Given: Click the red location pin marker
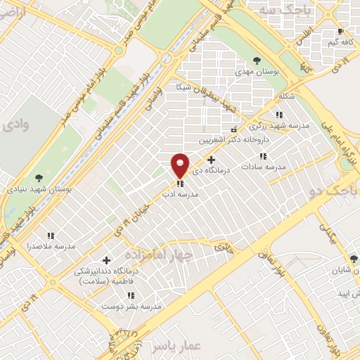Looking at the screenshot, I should [x=180, y=165].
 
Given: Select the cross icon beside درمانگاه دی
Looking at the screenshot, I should [x=211, y=160].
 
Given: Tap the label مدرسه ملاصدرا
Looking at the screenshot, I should [x=50, y=246].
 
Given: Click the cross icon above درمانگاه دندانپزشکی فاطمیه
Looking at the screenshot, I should [x=106, y=260].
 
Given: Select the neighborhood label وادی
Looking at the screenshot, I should [x=15, y=125].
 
